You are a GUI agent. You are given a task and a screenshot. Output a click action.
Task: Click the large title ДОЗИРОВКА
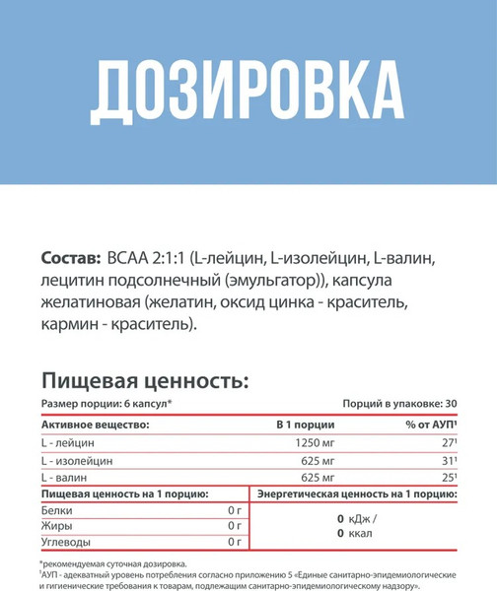pyautogui.click(x=248, y=93)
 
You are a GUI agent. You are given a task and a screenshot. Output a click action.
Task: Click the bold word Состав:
pyautogui.click(x=70, y=259)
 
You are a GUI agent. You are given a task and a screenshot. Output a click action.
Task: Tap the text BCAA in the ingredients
pyautogui.click(x=129, y=259)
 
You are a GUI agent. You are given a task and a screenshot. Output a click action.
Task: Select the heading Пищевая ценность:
pyautogui.click(x=144, y=380)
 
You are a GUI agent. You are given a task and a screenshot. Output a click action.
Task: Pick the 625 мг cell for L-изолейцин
pyautogui.click(x=321, y=460)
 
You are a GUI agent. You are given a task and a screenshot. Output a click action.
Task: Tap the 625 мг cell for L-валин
pyautogui.click(x=321, y=478)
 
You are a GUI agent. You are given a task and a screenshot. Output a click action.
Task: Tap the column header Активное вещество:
pyautogui.click(x=96, y=424)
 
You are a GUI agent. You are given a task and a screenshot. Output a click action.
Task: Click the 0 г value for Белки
pyautogui.click(x=234, y=510)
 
